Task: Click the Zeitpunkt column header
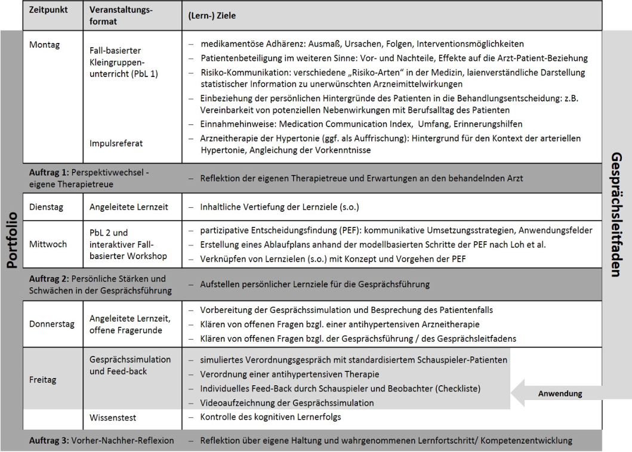(49, 11)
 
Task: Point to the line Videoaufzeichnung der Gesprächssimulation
(280, 403)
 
